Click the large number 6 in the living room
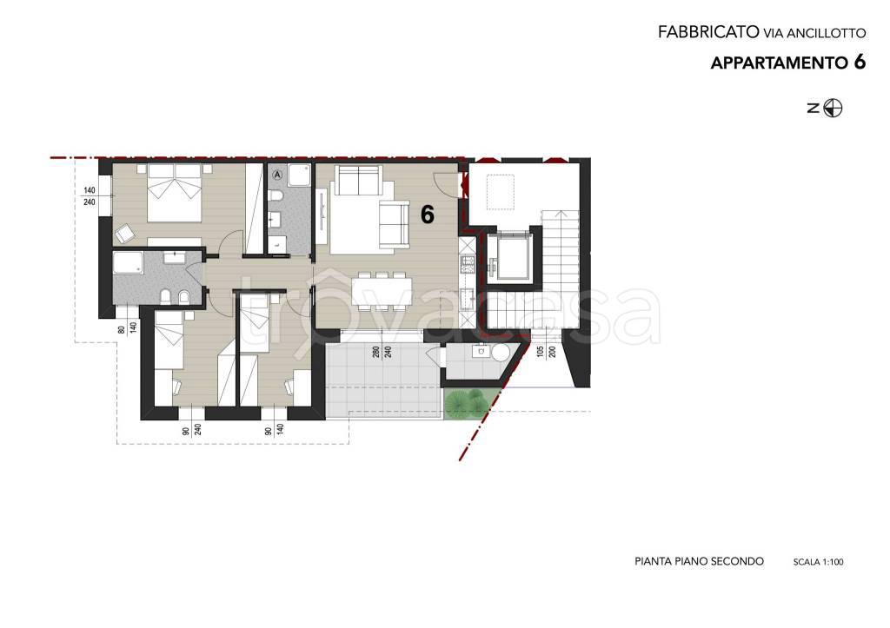click(x=427, y=215)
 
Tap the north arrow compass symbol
click(x=833, y=108)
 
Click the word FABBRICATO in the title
click(x=708, y=32)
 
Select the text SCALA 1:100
click(x=818, y=562)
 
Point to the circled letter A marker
click(x=277, y=175)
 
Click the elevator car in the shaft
click(x=508, y=259)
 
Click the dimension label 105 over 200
click(x=546, y=352)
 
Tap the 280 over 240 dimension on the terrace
click(x=382, y=353)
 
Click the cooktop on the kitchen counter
click(x=468, y=263)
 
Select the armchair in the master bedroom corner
click(x=125, y=233)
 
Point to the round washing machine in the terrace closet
click(x=501, y=354)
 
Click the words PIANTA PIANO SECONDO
click(x=699, y=562)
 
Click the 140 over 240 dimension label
click(x=90, y=196)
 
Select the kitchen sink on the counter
click(x=468, y=297)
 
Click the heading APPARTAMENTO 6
click(x=788, y=63)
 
